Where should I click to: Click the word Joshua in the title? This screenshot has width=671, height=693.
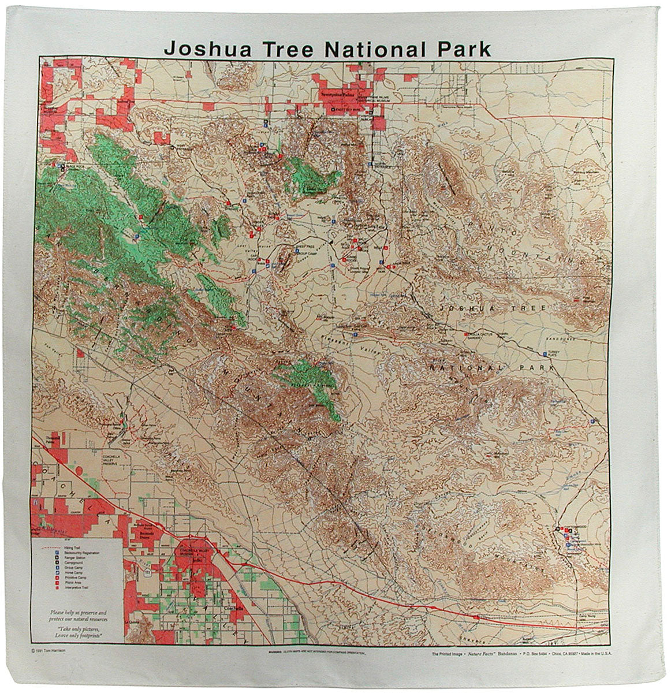199,47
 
